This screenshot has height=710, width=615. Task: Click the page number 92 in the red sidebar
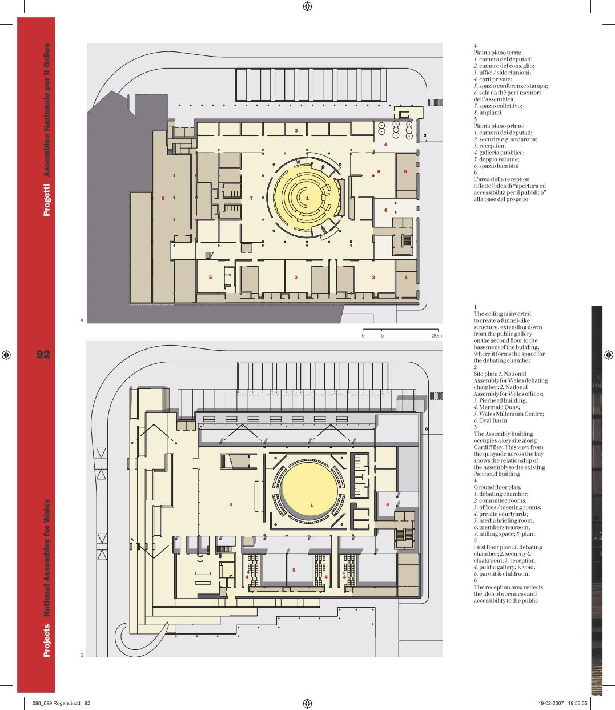43,355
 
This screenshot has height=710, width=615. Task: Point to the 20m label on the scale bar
436,336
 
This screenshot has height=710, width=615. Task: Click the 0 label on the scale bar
363,336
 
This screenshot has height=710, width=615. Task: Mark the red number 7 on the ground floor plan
251,198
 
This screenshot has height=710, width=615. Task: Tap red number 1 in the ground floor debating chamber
307,198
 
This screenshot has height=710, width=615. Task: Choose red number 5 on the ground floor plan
211,277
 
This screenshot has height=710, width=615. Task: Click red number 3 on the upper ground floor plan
296,131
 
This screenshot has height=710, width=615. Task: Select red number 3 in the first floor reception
230,504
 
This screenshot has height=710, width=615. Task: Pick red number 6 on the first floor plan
387,504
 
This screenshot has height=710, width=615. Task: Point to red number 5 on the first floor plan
294,570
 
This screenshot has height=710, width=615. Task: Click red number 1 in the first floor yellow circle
312,505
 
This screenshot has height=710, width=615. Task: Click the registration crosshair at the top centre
307,6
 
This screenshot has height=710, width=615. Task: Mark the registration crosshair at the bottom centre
307,703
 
